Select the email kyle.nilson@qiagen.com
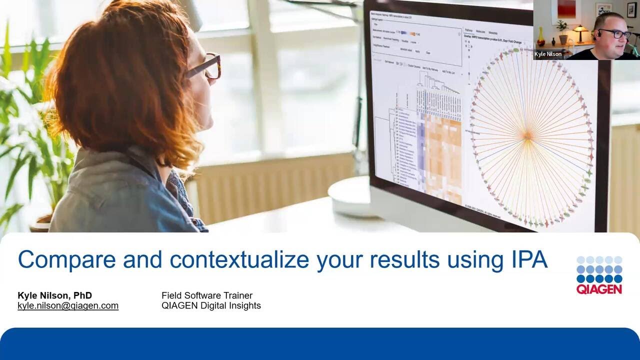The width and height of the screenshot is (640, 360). click(x=68, y=305)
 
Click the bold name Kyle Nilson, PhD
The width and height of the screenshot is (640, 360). click(x=54, y=295)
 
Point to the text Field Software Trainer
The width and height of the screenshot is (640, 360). click(x=206, y=295)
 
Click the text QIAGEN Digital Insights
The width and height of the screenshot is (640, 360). click(x=211, y=305)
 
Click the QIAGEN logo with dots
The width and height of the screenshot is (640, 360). click(x=599, y=275)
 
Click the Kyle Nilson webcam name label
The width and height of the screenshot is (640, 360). click(x=548, y=54)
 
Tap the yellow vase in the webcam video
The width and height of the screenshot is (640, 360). click(x=540, y=37)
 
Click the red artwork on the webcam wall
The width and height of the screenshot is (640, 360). click(x=566, y=9)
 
